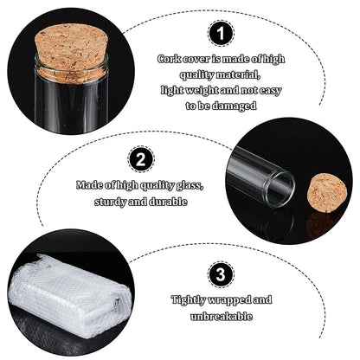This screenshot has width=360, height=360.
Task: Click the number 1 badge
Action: point(221,33)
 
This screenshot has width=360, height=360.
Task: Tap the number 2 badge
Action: point(141,159)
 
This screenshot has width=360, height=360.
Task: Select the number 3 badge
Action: point(221,274)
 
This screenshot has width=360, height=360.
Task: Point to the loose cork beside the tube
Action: point(327,192)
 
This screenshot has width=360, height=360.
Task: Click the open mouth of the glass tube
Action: point(279,190)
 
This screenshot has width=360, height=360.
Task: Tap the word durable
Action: point(168,201)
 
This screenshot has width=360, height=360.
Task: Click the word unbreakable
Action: point(222,317)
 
